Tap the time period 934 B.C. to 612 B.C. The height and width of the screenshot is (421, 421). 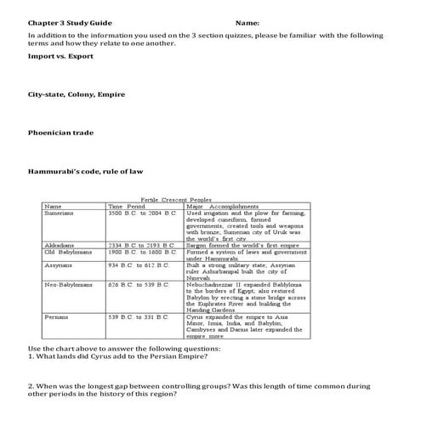coord(140,265)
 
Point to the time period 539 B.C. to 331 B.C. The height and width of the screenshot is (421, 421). coord(140,316)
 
